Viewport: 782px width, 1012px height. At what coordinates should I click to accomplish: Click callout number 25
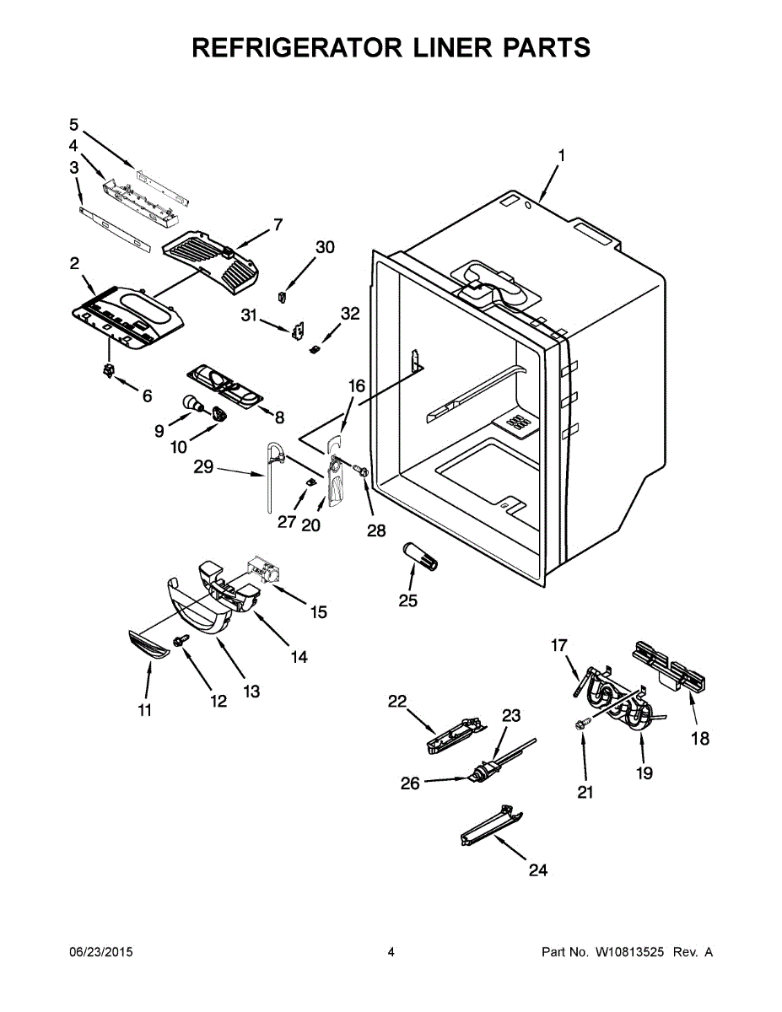click(409, 600)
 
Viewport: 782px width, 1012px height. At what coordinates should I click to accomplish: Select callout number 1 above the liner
click(561, 156)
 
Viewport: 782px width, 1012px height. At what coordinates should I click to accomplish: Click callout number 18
click(700, 739)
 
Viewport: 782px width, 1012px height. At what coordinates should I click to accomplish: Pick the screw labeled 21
click(581, 724)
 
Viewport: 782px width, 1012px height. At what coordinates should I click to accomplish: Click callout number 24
click(537, 869)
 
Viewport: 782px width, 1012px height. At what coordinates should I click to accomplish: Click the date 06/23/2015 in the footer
click(100, 952)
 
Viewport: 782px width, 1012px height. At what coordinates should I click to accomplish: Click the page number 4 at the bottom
click(391, 952)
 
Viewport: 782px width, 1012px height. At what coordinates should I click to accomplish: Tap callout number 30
click(325, 247)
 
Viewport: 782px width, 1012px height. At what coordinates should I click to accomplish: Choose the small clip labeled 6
click(108, 370)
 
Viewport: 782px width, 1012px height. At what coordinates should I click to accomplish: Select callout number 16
click(357, 386)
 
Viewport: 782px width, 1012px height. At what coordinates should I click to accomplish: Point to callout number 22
click(397, 700)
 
